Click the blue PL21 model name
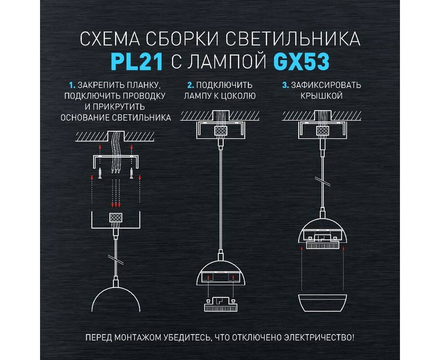tap(137, 62)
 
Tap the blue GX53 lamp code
tap(301, 62)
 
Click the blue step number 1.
tap(72, 85)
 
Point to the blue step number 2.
tap(191, 85)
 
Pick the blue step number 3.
tap(285, 85)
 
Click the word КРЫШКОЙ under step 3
tap(322, 96)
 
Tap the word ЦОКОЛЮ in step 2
tap(238, 96)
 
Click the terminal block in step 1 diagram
tap(116, 218)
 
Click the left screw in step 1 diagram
tap(100, 172)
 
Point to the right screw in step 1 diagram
tap(131, 172)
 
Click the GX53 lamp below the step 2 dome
tap(220, 304)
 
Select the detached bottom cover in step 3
tap(323, 303)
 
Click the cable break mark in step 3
tap(323, 181)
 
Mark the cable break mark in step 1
tap(116, 259)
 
